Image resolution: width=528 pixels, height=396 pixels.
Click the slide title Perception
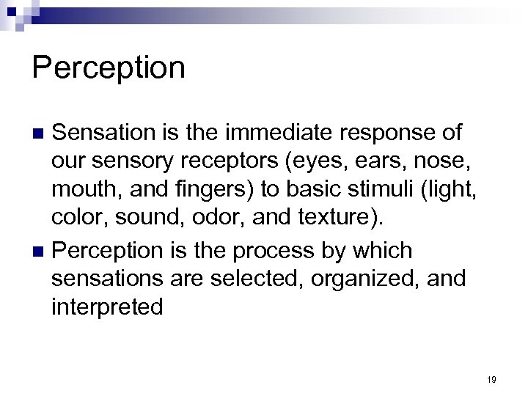point(109,68)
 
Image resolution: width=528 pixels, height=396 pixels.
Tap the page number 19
point(491,379)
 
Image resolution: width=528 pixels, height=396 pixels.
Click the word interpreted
point(107,307)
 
